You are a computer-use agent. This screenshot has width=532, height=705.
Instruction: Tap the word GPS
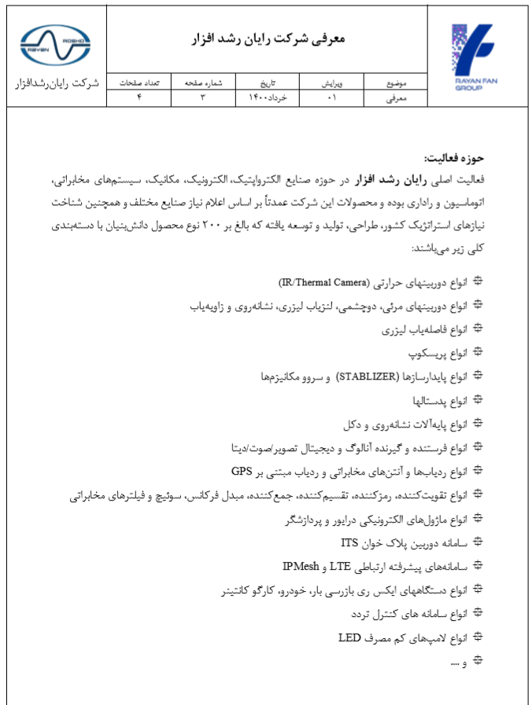point(241,472)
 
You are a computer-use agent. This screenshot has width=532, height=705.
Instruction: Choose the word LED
point(349,637)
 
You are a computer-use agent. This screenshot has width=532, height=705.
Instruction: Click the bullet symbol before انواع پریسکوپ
point(477,353)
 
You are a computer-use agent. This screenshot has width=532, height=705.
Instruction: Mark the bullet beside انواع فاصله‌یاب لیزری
point(477,329)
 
